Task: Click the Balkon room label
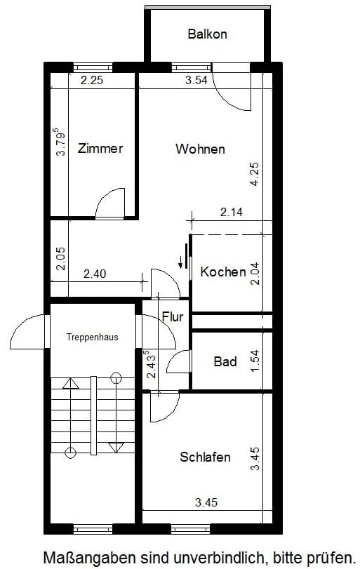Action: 207,34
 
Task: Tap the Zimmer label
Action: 100,149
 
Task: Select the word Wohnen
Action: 200,149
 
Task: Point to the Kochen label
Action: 223,272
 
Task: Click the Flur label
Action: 173,317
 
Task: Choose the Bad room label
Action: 225,361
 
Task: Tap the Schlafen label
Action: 205,457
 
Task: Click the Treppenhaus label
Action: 92,337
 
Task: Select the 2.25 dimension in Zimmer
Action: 92,80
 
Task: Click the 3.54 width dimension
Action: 196,80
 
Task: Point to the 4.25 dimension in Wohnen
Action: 255,174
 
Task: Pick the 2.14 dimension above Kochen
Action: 231,212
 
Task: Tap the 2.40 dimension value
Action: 95,274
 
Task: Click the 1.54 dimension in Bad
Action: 255,361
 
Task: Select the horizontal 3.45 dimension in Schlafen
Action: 206,502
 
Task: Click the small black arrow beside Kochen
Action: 180,262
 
